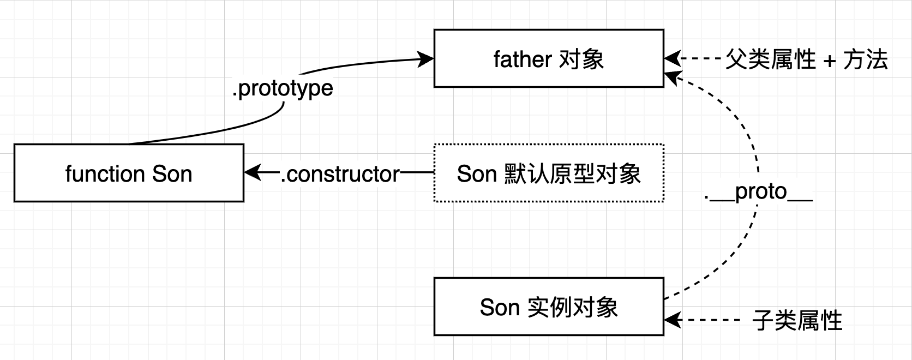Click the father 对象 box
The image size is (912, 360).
click(x=549, y=58)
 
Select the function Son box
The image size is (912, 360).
click(x=129, y=173)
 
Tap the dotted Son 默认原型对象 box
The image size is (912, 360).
click(x=549, y=173)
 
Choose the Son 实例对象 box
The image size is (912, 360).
click(x=549, y=307)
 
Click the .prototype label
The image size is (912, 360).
click(x=283, y=88)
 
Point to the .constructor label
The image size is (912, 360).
click(x=340, y=174)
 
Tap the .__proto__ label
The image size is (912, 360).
click(x=758, y=192)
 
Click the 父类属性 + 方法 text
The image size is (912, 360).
click(x=806, y=59)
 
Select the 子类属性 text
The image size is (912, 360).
click(x=797, y=320)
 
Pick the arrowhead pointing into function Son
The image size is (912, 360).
click(x=252, y=173)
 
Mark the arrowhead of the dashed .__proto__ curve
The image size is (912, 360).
click(x=672, y=77)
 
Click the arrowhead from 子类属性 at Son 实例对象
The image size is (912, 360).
click(x=673, y=320)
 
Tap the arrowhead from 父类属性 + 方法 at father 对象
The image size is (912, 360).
click(x=673, y=58)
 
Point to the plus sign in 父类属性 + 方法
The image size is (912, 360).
click(x=830, y=60)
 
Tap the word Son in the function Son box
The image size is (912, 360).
click(x=172, y=174)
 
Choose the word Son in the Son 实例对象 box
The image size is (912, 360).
click(x=500, y=308)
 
